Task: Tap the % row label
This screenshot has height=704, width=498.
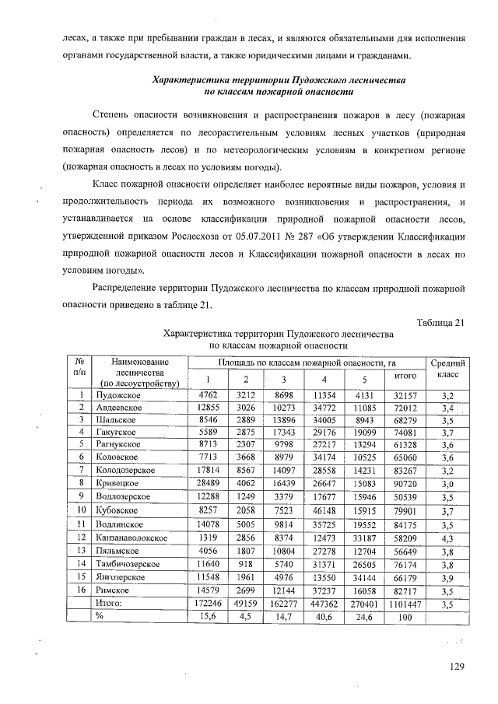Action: point(100,615)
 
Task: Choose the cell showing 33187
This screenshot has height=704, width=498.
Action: point(365,537)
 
